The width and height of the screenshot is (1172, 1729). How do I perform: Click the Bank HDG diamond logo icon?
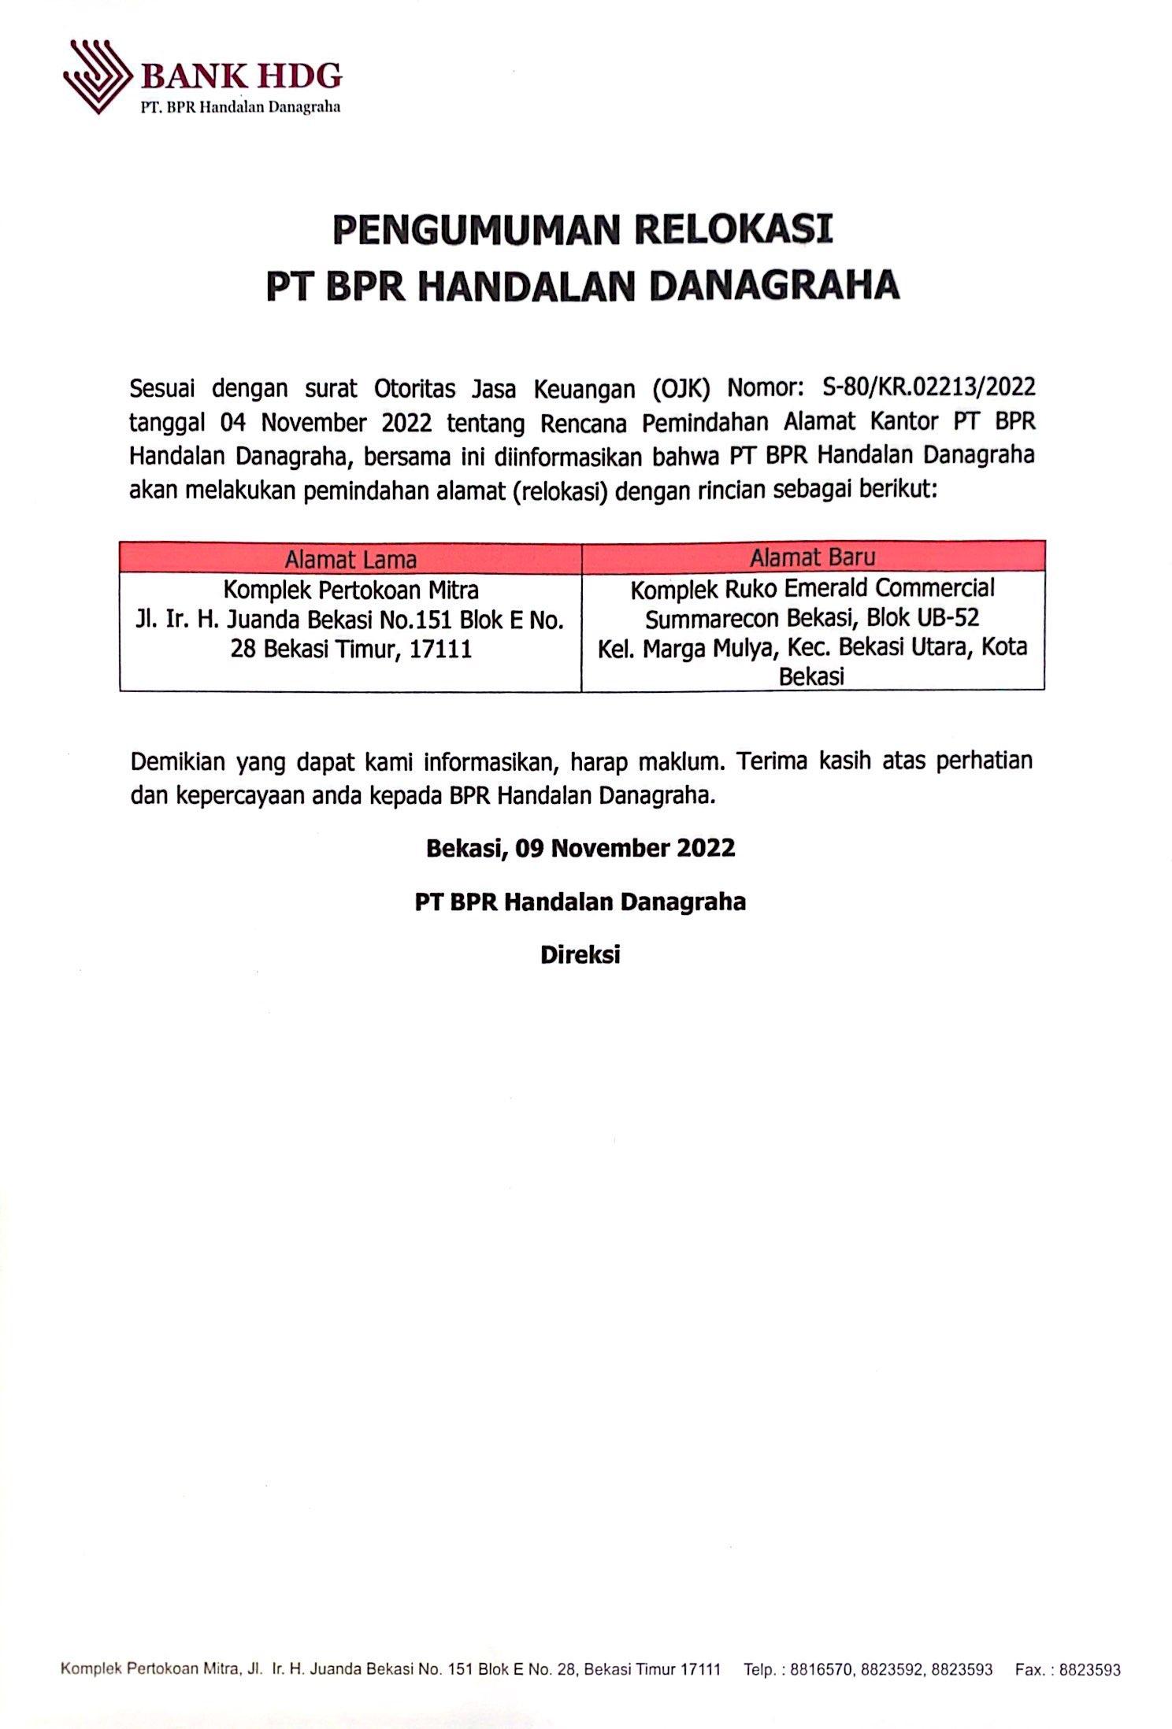pyautogui.click(x=97, y=77)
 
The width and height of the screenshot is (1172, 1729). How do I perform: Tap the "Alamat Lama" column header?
pyautogui.click(x=350, y=558)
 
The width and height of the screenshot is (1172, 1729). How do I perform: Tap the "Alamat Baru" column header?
pyautogui.click(x=812, y=557)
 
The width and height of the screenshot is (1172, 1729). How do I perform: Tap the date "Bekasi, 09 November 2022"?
pyautogui.click(x=580, y=848)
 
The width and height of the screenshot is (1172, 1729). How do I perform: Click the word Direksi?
pyautogui.click(x=580, y=954)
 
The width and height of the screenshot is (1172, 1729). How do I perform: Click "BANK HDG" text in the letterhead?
pyautogui.click(x=241, y=76)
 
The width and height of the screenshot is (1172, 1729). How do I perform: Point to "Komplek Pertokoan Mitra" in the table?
pyautogui.click(x=350, y=589)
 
